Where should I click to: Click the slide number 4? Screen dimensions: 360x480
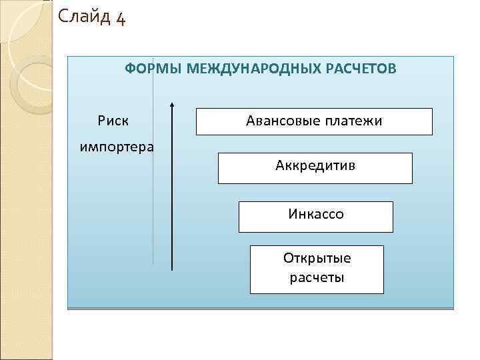click(x=119, y=17)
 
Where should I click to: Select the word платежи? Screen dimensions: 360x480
click(x=354, y=121)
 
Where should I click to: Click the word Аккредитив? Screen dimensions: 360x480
click(x=315, y=165)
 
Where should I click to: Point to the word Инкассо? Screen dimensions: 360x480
click(x=316, y=215)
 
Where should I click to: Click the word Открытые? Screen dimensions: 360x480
click(x=317, y=258)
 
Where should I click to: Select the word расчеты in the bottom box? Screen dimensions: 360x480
click(x=317, y=277)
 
